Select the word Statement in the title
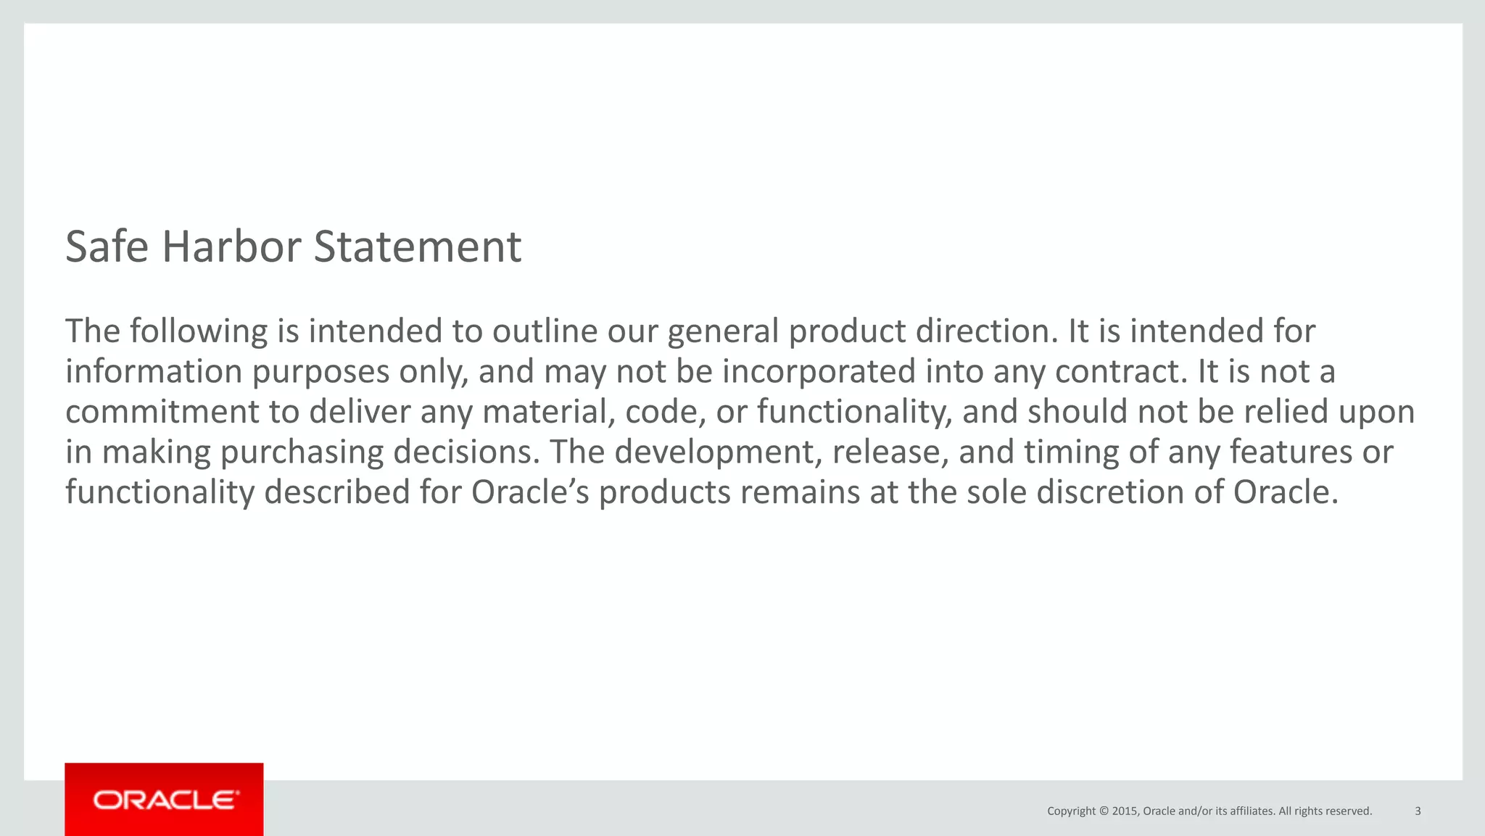point(417,247)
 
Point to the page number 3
point(1418,811)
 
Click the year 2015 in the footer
point(1125,811)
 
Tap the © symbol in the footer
point(1104,811)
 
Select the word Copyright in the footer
point(1071,811)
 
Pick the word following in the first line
point(199,331)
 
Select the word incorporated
point(819,371)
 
